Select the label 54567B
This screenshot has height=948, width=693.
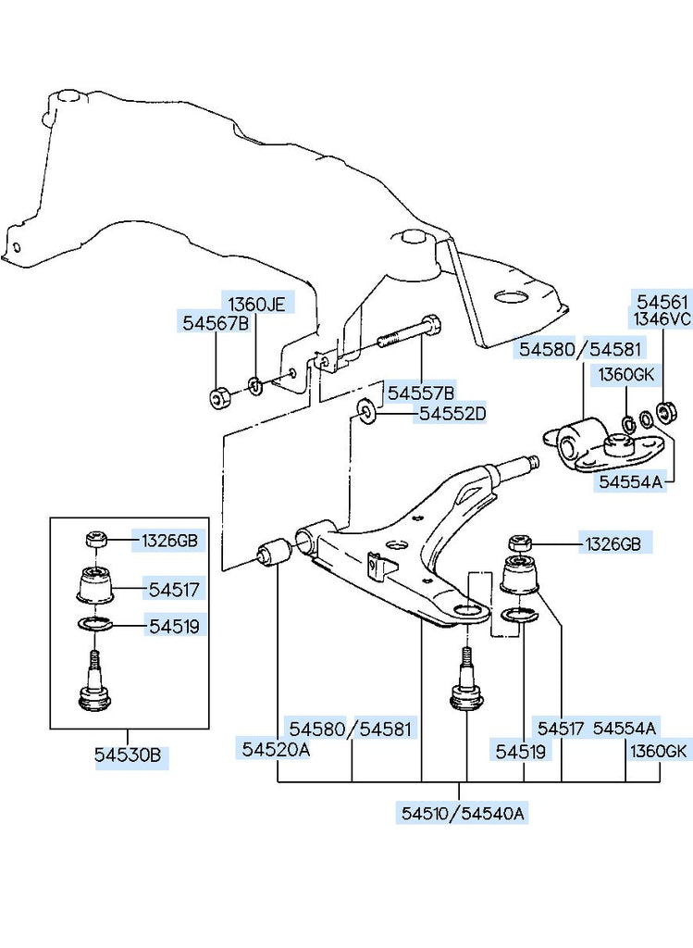coord(215,323)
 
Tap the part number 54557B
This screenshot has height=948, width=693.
coord(421,393)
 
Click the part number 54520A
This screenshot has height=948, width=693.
coord(277,749)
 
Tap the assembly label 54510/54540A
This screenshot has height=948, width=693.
coord(464,814)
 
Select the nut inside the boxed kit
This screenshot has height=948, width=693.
coord(95,540)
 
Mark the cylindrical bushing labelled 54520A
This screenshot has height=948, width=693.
coord(274,554)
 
